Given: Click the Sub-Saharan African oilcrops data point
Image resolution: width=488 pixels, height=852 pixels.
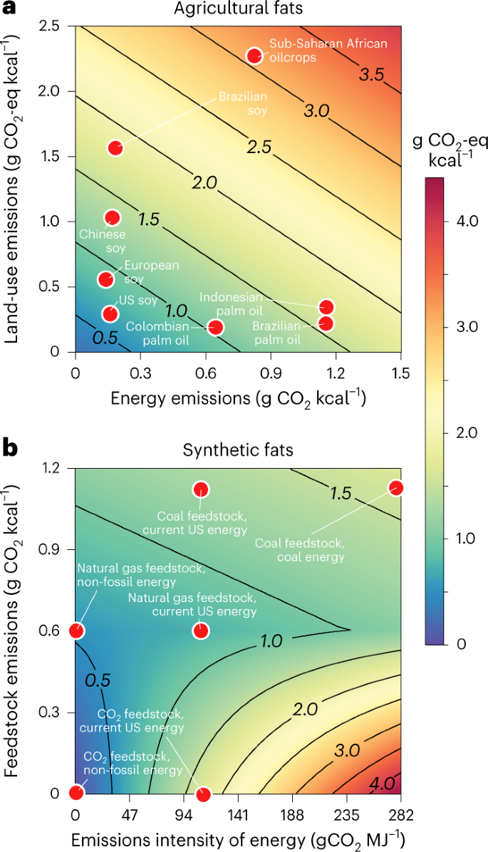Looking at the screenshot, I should click(x=254, y=56).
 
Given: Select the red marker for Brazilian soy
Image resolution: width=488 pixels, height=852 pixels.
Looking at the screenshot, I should click(x=115, y=147).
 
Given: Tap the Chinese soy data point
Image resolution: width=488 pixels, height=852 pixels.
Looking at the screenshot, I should click(x=112, y=217).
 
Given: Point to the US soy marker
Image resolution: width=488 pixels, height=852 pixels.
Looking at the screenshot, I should click(x=110, y=313).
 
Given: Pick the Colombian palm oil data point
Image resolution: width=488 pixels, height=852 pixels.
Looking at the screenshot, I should click(x=215, y=327).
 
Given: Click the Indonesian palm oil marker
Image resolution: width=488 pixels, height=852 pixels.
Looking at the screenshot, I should click(x=326, y=307).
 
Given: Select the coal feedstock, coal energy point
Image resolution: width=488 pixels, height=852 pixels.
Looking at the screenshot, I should click(x=396, y=488).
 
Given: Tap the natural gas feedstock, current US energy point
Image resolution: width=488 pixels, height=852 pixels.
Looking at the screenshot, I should click(x=201, y=630).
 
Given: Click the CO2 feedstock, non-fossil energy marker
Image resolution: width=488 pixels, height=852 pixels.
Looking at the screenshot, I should click(x=76, y=792).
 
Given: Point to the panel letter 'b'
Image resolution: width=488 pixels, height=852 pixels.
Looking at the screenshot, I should click(x=10, y=450).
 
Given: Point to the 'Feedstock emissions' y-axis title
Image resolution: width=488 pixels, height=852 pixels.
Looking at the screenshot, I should click(x=13, y=630).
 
